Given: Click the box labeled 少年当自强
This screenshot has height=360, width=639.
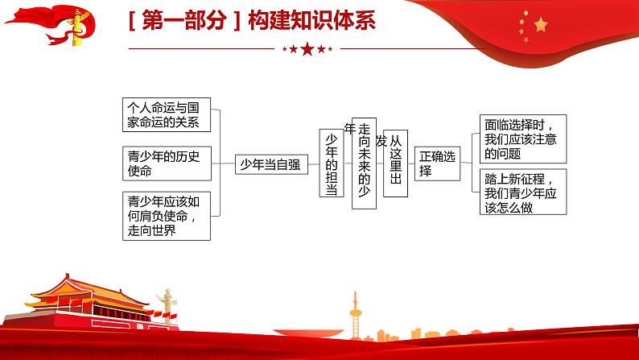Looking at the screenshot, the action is tap(270, 165).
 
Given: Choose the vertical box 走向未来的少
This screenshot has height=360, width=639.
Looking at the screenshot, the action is tap(364, 163).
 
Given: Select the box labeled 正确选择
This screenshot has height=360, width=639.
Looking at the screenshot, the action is tap(438, 163).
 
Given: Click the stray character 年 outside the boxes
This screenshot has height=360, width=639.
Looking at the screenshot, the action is tap(349, 128).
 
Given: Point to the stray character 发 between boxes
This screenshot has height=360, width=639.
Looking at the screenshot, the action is tap(381, 142).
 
